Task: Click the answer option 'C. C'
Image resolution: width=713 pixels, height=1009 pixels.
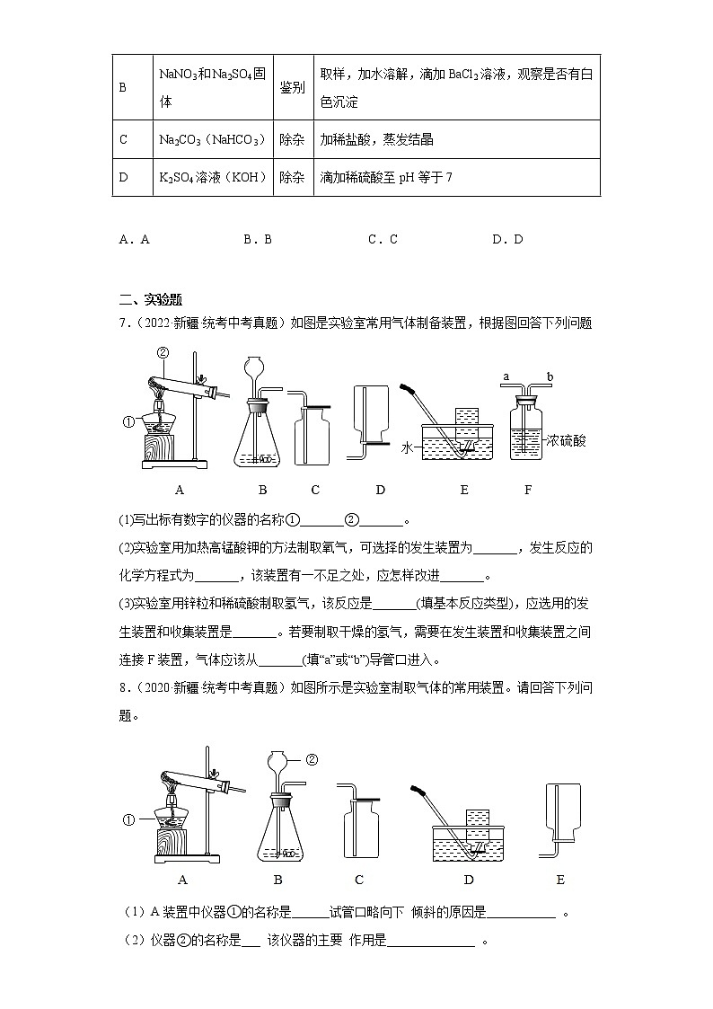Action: [382, 239]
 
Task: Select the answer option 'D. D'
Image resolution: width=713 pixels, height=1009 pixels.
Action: [506, 239]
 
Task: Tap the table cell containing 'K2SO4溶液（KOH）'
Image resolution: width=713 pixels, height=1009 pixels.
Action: [212, 177]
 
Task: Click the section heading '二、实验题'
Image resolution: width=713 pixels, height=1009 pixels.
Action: [150, 300]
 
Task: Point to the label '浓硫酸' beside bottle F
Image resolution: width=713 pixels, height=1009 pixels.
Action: [565, 441]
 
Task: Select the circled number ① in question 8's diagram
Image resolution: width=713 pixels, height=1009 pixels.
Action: [128, 819]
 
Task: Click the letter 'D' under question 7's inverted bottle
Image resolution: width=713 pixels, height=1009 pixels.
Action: [380, 490]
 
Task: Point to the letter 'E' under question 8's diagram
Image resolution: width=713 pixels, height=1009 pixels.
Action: [560, 880]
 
